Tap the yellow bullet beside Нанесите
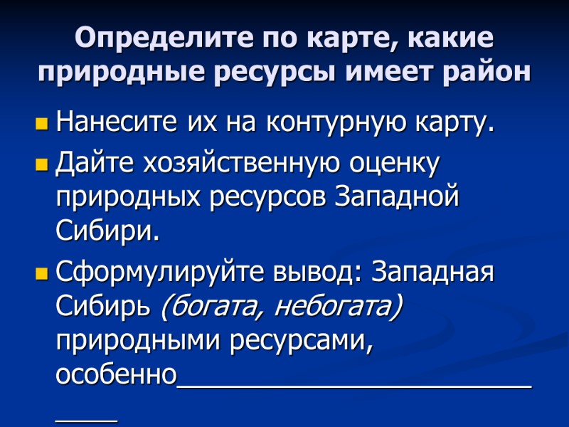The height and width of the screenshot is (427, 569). pos(41,126)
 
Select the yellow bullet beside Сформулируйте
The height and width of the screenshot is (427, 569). pos(41,274)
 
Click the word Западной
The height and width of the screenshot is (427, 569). pos(395,197)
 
